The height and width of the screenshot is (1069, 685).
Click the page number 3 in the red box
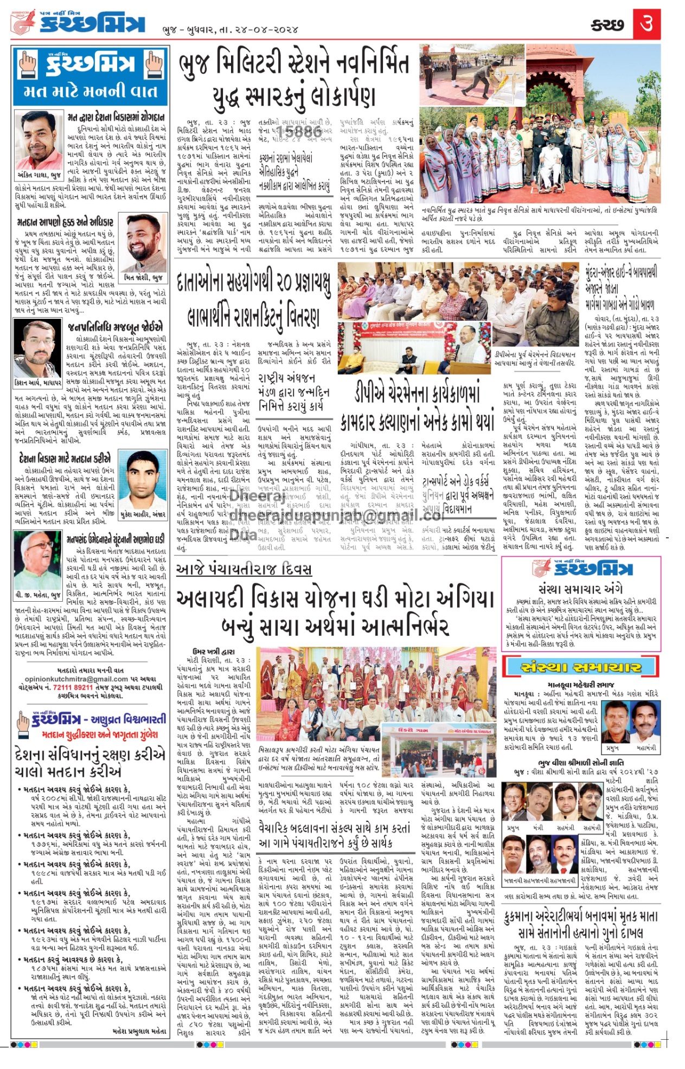[x=646, y=23]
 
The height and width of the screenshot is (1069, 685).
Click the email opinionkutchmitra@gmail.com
[x=76, y=679]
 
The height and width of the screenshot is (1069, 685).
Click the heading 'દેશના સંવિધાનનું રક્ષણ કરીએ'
[x=90, y=755]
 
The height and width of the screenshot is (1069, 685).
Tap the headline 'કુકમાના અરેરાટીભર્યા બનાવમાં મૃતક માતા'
[x=581, y=917]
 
